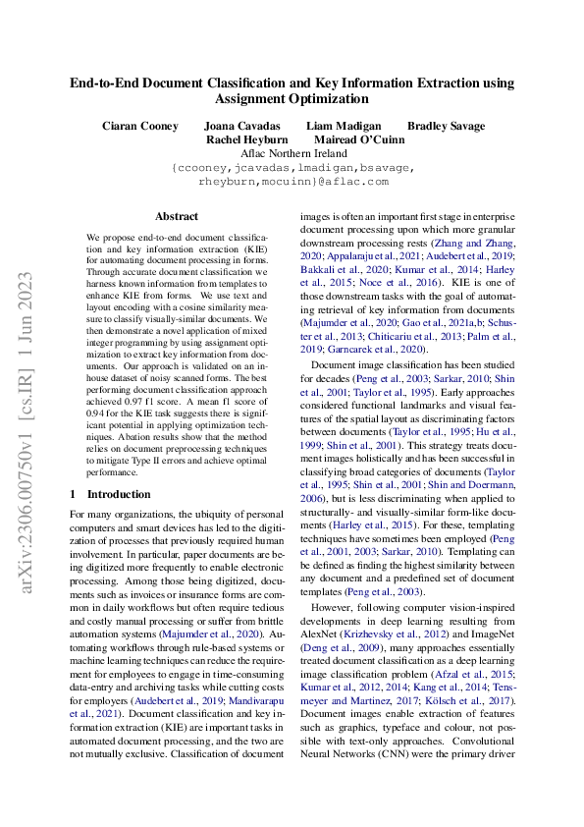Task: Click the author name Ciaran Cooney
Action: click(x=140, y=126)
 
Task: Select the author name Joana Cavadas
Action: click(x=241, y=126)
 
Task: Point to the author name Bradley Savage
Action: click(x=446, y=126)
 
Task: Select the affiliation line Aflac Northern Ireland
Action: click(x=292, y=153)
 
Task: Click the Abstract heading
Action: click(x=177, y=216)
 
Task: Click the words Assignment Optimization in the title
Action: click(x=292, y=98)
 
